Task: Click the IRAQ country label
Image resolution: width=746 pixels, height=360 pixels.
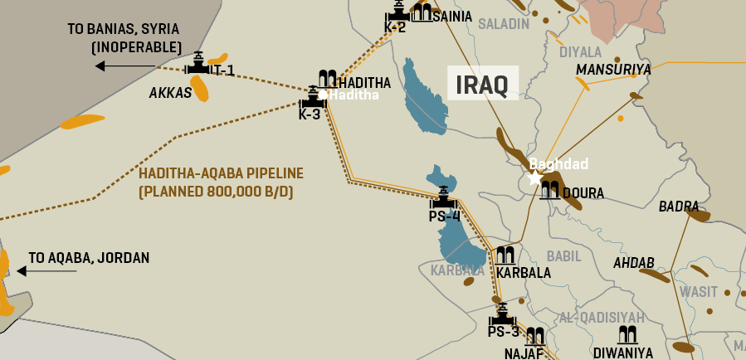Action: (483, 84)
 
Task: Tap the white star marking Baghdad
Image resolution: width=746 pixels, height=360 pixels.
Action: (535, 178)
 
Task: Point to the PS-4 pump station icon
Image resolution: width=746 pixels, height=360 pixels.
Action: (443, 198)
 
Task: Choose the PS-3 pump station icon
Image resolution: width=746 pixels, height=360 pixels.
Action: (503, 315)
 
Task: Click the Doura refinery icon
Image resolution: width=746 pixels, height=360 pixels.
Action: (549, 191)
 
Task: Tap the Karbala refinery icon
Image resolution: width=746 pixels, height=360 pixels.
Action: (505, 255)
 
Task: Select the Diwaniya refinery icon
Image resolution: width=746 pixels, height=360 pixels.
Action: (627, 335)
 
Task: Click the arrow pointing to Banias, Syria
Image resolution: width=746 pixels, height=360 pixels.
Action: (124, 66)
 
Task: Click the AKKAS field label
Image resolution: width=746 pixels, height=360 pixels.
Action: (170, 93)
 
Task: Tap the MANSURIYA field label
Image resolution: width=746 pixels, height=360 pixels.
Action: (613, 70)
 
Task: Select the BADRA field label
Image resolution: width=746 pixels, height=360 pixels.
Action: (678, 206)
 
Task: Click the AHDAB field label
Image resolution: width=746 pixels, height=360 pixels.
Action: (634, 263)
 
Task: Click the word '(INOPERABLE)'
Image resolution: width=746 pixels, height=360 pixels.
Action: (136, 46)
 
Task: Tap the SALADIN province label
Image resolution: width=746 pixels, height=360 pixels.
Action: (503, 24)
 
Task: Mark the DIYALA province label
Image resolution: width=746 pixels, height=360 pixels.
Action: (580, 52)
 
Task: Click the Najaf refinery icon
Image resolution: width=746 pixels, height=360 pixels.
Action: (535, 336)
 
